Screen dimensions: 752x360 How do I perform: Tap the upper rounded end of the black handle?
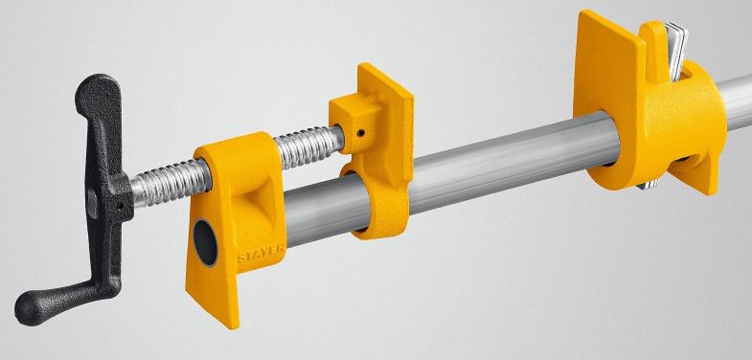[95, 90]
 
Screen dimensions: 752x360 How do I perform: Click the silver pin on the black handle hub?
[92, 203]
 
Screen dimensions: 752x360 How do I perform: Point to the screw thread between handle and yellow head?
[171, 183]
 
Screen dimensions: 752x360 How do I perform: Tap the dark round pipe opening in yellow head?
[205, 242]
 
